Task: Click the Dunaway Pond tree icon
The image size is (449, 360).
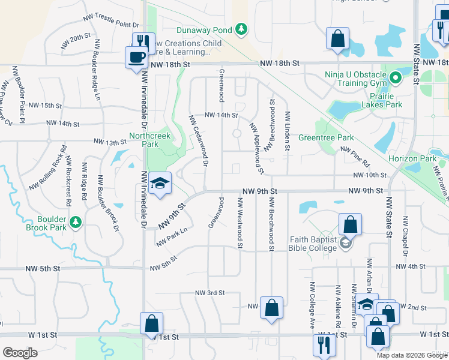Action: coord(241,29)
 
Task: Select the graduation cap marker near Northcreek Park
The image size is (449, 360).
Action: coord(160,183)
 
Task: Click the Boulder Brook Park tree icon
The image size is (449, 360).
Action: coord(75,223)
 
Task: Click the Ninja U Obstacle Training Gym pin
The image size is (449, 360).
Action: coord(396,78)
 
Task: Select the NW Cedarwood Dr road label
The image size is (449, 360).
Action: coord(199,140)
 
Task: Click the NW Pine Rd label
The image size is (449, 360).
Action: coord(355,157)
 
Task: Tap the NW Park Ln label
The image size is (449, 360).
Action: coord(172,236)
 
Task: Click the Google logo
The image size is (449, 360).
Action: coord(20,353)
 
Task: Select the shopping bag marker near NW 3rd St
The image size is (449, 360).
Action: coord(271,309)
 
